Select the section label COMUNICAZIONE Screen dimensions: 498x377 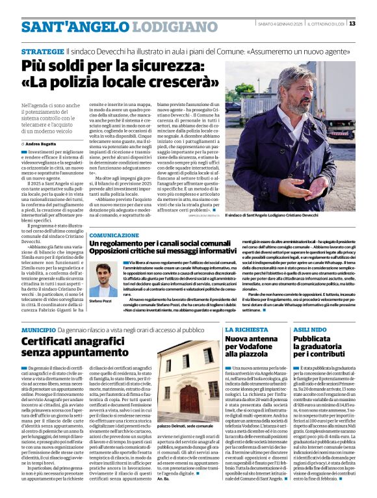pos(114,235)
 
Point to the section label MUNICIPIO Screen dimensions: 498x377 pos(38,330)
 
